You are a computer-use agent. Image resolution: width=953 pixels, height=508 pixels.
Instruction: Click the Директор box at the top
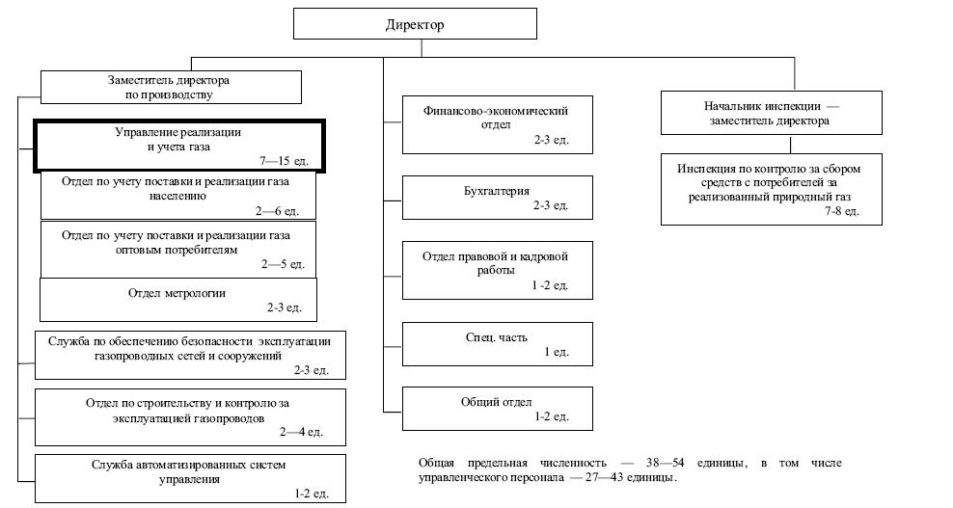pyautogui.click(x=415, y=24)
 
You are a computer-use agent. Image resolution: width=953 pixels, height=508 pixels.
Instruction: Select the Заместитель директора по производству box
pyautogui.click(x=171, y=87)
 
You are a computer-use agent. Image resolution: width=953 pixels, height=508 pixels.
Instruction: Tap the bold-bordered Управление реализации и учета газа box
pyautogui.click(x=179, y=146)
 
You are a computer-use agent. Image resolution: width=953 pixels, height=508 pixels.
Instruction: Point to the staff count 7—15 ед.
pyautogui.click(x=284, y=161)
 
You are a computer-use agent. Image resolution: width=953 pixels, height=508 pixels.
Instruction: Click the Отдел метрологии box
pyautogui.click(x=178, y=300)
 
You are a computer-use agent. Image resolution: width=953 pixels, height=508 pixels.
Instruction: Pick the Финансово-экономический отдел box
pyautogui.click(x=497, y=124)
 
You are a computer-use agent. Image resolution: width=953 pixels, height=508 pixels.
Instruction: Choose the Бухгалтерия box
pyautogui.click(x=497, y=198)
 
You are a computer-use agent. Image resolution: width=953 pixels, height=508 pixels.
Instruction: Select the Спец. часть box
pyautogui.click(x=497, y=344)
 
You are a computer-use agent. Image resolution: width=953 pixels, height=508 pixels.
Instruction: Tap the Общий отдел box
pyautogui.click(x=497, y=409)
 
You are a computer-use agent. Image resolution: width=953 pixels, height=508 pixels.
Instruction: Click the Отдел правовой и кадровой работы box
pyautogui.click(x=497, y=271)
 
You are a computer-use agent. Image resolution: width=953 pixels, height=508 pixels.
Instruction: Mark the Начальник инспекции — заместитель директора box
pyautogui.click(x=772, y=113)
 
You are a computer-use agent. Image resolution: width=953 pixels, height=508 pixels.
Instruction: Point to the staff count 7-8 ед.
pyautogui.click(x=842, y=211)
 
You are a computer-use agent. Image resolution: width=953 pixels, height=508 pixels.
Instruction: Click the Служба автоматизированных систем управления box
pyautogui.click(x=190, y=478)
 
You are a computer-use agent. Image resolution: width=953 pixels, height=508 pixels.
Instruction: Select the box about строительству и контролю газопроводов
pyautogui.click(x=190, y=417)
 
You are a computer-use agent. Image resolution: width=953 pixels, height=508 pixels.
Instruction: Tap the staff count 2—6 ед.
pyautogui.click(x=277, y=211)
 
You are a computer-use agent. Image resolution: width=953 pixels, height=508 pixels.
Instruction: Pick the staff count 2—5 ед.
pyautogui.click(x=284, y=264)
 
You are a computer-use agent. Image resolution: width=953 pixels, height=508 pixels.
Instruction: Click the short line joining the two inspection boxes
pyautogui.click(x=790, y=145)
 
